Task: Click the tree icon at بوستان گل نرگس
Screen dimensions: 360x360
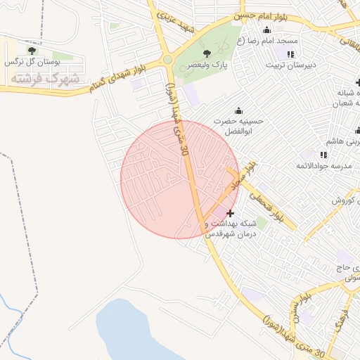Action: pyautogui.click(x=30, y=50)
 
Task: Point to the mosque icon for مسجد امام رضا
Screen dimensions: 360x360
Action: pyautogui.click(x=266, y=30)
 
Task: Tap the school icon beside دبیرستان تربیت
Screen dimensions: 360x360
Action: pyautogui.click(x=290, y=53)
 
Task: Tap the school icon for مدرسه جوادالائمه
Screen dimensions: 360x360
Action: pyautogui.click(x=323, y=154)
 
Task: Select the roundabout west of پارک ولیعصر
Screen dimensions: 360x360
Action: pyautogui.click(x=168, y=60)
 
